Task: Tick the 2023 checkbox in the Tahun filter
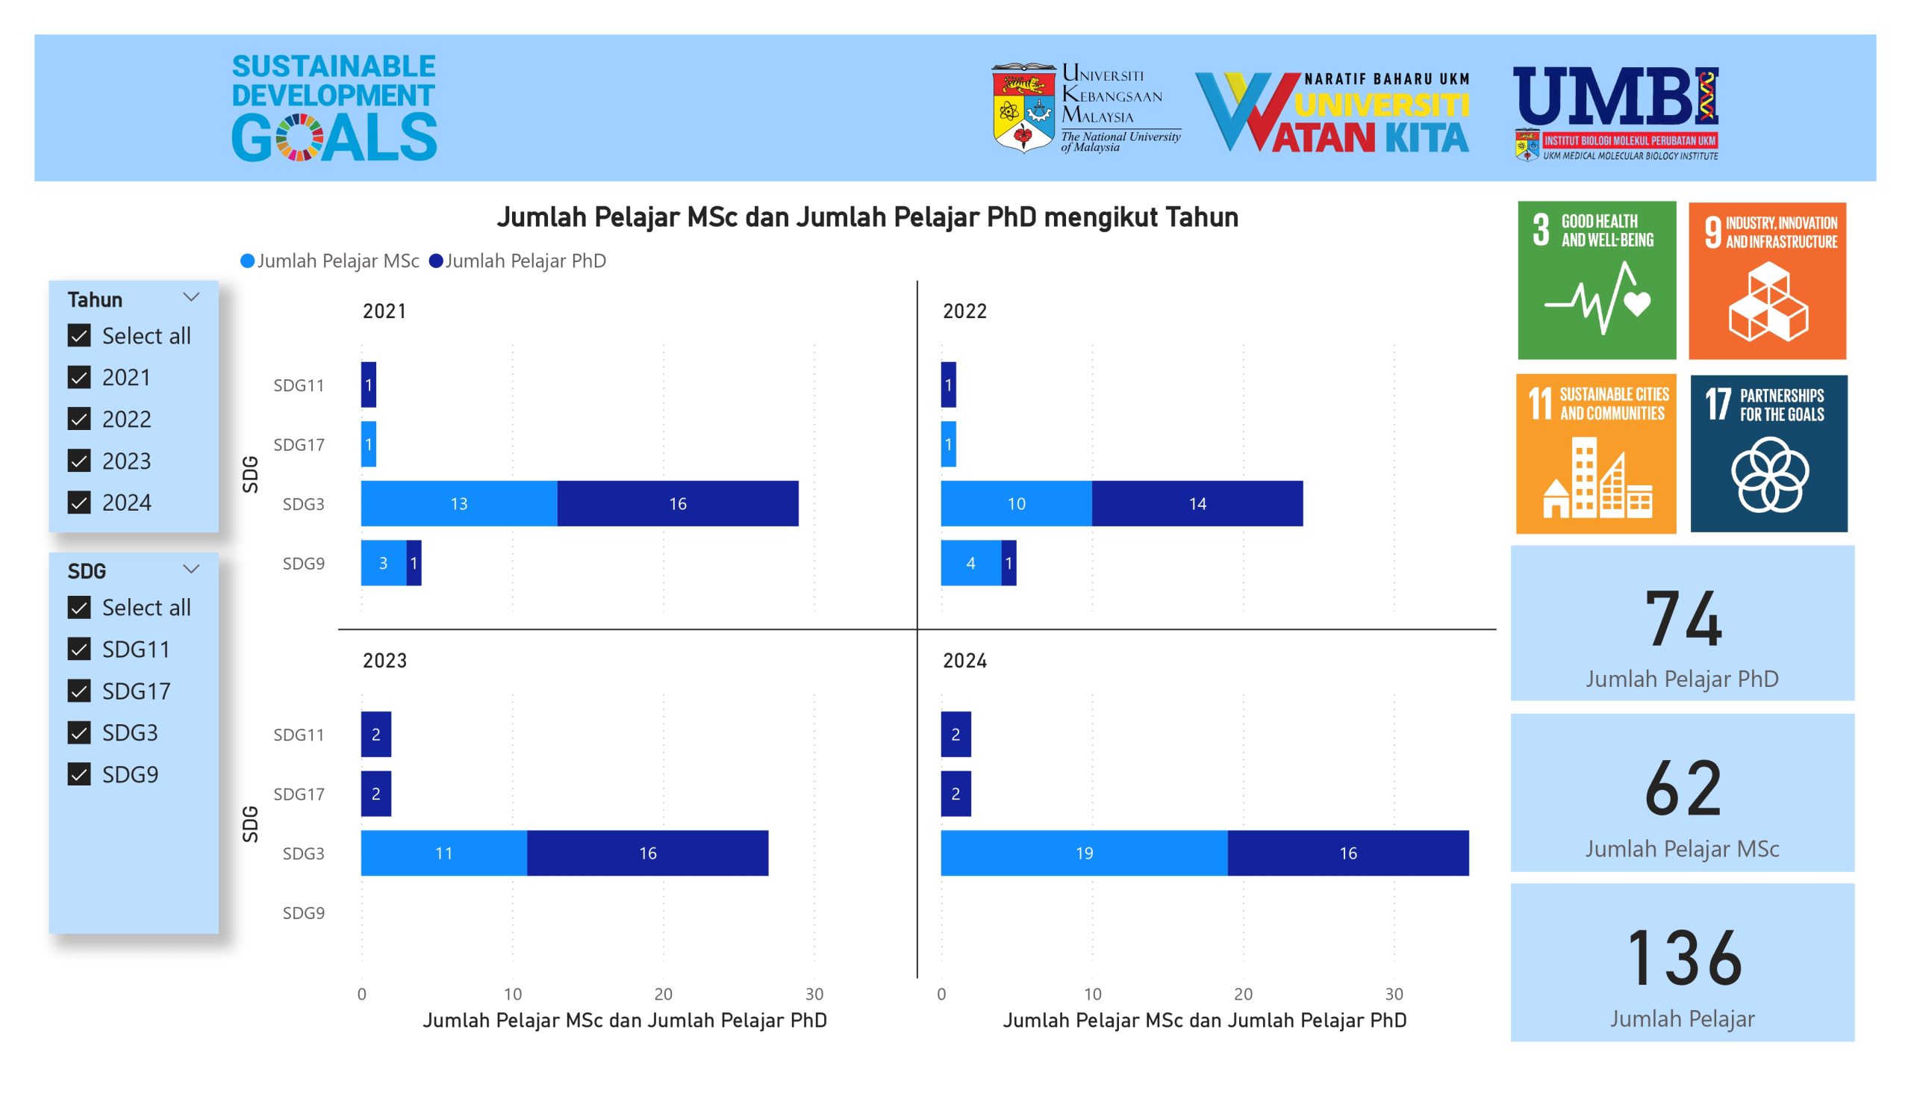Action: [79, 461]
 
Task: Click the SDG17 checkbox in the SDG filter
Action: [79, 690]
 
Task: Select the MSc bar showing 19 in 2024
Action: [1084, 853]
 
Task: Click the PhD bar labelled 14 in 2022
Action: [1197, 503]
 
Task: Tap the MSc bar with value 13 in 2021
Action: [459, 503]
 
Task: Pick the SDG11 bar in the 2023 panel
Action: [376, 734]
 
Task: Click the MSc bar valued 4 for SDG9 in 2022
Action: [970, 563]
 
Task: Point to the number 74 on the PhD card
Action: [1683, 620]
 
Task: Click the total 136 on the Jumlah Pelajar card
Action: [1683, 959]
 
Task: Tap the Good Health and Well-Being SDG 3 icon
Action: [1596, 280]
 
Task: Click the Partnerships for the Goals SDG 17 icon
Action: [1768, 453]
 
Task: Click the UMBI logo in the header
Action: [1615, 112]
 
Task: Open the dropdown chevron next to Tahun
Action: [191, 297]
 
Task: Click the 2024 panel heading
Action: [964, 661]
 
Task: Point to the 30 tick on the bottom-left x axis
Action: [814, 994]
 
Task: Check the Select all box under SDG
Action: [79, 607]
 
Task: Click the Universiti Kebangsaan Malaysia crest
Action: [1023, 108]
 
